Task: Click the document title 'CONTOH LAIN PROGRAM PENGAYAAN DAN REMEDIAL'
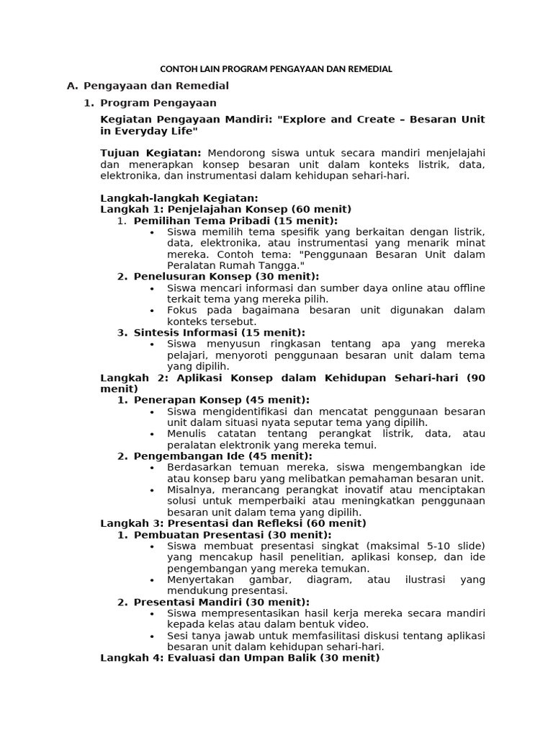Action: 276,69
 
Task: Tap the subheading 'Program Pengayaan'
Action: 153,103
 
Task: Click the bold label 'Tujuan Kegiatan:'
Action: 151,153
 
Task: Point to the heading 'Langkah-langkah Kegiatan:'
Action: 179,198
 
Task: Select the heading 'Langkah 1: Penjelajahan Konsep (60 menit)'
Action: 225,209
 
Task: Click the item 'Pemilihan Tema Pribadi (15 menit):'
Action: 235,221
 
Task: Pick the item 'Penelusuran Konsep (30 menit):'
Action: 225,276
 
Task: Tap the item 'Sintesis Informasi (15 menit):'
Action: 219,332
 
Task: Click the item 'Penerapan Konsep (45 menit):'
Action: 221,399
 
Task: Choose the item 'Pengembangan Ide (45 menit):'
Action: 222,455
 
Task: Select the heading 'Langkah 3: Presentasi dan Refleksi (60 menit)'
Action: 233,523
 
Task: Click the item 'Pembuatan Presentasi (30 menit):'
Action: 232,535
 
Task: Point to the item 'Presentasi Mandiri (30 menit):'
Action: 221,602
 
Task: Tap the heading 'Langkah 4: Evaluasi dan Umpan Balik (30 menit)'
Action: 239,658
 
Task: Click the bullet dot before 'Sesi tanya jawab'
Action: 152,636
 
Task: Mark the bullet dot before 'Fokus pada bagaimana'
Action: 152,311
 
